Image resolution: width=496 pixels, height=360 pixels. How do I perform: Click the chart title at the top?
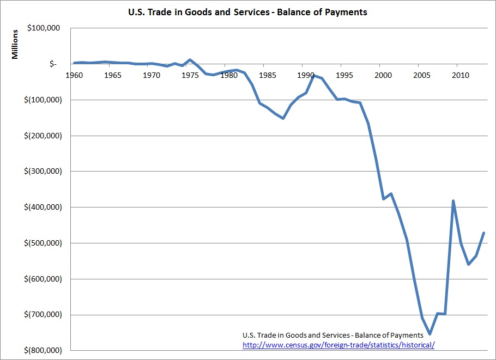point(248,12)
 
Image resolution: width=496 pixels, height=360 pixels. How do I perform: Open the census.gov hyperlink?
point(338,345)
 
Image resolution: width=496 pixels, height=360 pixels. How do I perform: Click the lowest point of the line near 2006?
point(430,334)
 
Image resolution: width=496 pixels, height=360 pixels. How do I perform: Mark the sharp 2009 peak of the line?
point(453,201)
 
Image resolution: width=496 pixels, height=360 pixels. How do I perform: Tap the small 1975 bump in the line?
point(190,60)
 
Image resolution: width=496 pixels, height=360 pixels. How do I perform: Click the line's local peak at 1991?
point(313,75)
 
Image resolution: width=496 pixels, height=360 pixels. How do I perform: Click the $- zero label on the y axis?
point(52,64)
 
